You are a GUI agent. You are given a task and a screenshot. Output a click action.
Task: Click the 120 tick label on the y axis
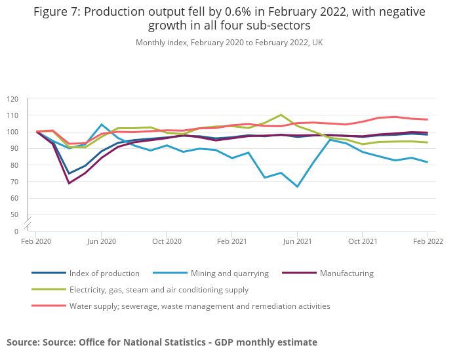[13, 99]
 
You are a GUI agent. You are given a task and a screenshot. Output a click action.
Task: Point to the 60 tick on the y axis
[14, 198]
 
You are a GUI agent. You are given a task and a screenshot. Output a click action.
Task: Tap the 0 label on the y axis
[16, 231]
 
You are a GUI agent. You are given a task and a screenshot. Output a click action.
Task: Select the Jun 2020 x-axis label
[101, 241]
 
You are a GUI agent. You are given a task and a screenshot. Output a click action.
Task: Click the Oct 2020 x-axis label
[167, 241]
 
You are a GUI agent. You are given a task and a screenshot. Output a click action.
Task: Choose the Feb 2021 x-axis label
[231, 241]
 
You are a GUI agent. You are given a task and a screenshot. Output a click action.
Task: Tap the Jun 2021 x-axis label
[297, 241]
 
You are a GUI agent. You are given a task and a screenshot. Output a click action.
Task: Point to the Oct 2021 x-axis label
[363, 241]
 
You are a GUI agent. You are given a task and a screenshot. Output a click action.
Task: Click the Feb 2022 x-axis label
[428, 241]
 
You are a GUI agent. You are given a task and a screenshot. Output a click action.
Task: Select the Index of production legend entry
[104, 273]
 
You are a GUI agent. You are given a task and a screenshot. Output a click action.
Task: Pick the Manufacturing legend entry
[346, 273]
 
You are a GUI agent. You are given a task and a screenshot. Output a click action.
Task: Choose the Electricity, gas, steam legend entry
[159, 290]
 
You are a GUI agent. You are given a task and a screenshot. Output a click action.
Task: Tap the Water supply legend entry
[199, 306]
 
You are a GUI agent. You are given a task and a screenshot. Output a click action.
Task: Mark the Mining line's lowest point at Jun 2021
[297, 187]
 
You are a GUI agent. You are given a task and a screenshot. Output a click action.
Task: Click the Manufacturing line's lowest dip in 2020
[69, 183]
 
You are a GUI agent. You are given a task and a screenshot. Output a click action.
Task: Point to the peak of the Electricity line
[281, 115]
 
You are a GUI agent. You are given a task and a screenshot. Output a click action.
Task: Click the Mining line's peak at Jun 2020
[101, 124]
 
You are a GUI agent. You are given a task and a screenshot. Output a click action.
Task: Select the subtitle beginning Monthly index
[229, 43]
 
